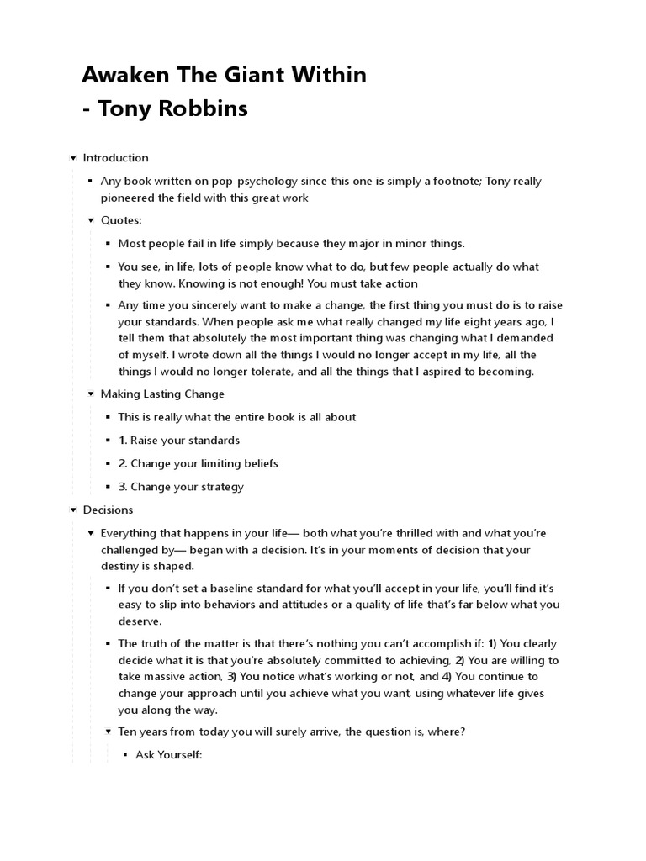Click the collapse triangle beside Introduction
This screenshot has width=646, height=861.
pyautogui.click(x=73, y=158)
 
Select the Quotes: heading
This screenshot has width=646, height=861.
pyautogui.click(x=121, y=220)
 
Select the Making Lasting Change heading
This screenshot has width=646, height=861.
pyautogui.click(x=162, y=394)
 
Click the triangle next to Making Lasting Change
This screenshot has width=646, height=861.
pyautogui.click(x=91, y=394)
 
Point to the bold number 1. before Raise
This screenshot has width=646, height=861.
pyautogui.click(x=123, y=441)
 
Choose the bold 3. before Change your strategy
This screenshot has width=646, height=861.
pyautogui.click(x=123, y=487)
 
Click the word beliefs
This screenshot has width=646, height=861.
pyautogui.click(x=257, y=463)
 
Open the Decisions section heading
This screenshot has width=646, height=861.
pyautogui.click(x=108, y=510)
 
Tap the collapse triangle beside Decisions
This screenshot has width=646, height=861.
pyautogui.click(x=73, y=510)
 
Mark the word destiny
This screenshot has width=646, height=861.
pyautogui.click(x=121, y=566)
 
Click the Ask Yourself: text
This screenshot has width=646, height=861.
pyautogui.click(x=169, y=755)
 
